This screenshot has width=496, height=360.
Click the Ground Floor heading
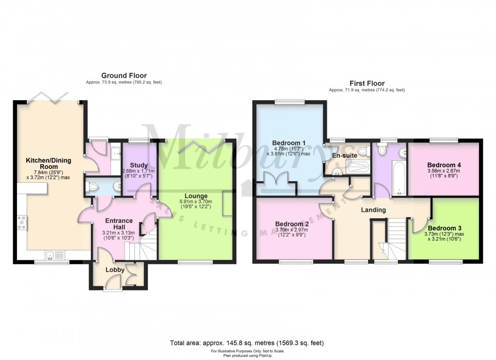[124, 75]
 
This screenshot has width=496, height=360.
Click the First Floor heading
[367, 83]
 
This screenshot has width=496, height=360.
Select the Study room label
[139, 165]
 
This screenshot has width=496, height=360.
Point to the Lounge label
[196, 196]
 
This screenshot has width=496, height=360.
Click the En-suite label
[345, 155]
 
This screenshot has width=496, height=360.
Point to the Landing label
[373, 210]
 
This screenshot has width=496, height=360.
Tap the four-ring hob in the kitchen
[22, 223]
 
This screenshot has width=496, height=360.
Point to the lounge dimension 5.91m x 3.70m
[196, 204]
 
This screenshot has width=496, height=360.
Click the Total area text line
[247, 343]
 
